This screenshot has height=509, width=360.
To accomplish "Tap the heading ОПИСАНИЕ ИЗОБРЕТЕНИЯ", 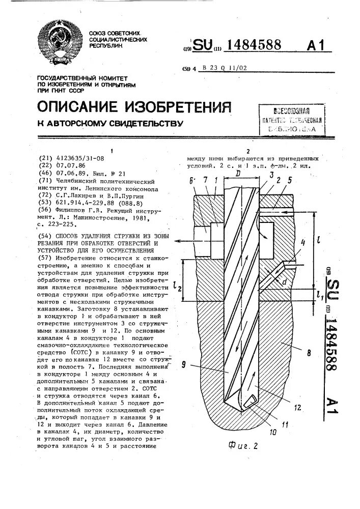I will [134, 106].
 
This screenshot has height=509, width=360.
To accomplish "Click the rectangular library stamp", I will [291, 120].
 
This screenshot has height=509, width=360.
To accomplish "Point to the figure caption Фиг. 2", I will [244, 446].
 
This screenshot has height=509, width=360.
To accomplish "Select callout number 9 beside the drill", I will [184, 363].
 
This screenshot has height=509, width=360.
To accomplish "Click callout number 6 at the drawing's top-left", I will [192, 181].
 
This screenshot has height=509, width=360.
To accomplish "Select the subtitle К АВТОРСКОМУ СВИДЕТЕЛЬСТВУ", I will [110, 124].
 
